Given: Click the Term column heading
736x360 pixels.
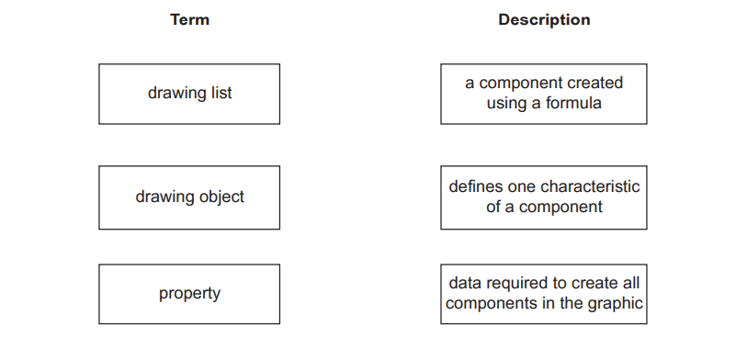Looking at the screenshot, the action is (189, 19).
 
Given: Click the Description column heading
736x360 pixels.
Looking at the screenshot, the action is (544, 19).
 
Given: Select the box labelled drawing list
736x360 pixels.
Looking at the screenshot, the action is (189, 94).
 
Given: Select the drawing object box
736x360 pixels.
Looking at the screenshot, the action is (189, 197).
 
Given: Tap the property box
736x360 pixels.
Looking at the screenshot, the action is (189, 294).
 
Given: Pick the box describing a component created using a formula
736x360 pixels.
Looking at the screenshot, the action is (544, 94).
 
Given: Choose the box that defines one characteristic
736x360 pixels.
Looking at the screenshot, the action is (544, 197).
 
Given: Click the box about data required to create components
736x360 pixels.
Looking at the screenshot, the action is (544, 294).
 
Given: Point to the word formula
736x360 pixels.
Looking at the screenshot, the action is (573, 104).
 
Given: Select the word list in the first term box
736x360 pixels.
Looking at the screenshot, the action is (220, 94).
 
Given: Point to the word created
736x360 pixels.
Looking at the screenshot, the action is (597, 84).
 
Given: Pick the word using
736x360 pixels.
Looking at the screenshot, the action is (507, 104).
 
